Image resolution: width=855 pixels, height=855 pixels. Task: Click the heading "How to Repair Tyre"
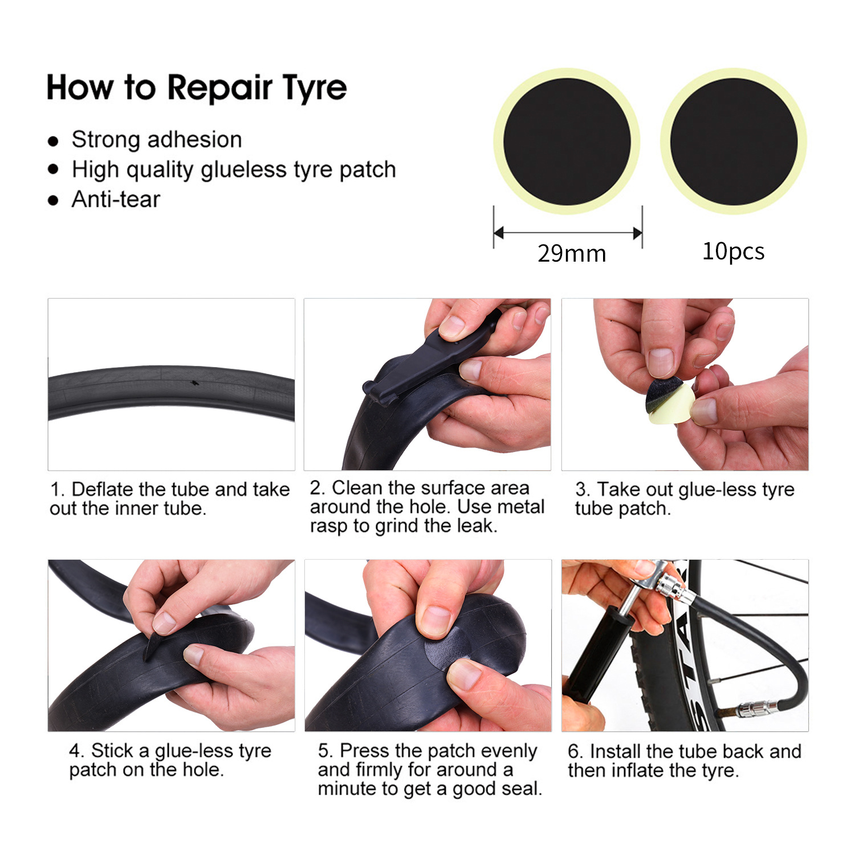(196, 88)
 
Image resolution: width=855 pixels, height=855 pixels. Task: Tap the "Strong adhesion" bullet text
(157, 140)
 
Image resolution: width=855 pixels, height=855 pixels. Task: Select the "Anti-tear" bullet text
(116, 199)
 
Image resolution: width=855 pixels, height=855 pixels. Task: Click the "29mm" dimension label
(572, 254)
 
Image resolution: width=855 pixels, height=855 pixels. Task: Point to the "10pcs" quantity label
(733, 251)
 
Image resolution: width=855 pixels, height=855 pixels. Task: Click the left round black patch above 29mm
(567, 141)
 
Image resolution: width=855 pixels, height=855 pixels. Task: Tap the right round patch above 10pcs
(734, 141)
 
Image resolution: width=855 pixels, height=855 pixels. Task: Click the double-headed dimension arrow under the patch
(568, 233)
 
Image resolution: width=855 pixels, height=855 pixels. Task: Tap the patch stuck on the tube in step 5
(447, 650)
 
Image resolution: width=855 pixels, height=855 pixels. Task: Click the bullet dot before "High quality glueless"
(54, 169)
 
